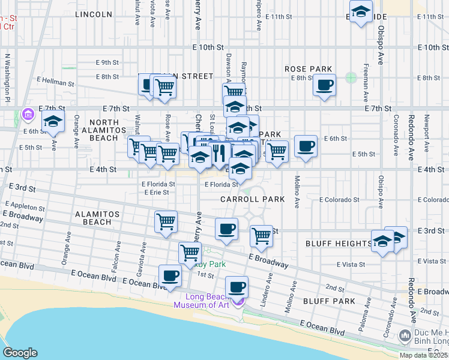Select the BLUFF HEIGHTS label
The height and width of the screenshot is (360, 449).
click(x=339, y=244)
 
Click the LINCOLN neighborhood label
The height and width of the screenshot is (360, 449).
click(x=94, y=14)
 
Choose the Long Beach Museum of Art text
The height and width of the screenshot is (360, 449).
click(x=202, y=301)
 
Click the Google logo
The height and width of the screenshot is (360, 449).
click(x=20, y=353)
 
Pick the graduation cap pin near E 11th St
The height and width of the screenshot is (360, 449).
click(x=361, y=12)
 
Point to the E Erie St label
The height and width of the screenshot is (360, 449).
click(x=155, y=193)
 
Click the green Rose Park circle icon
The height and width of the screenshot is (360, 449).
click(x=351, y=78)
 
